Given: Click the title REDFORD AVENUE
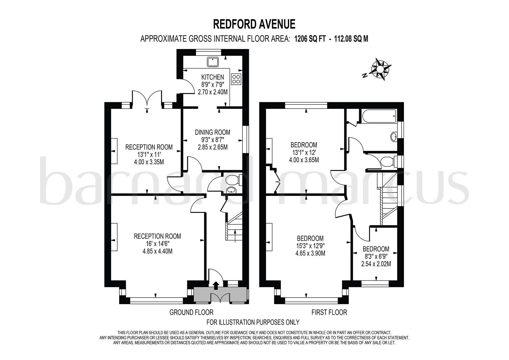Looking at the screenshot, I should click(x=254, y=24).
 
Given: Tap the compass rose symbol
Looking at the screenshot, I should click(x=380, y=69).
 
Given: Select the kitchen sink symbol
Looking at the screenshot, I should click(x=213, y=62).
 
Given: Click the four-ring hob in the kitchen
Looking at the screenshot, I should click(x=235, y=79).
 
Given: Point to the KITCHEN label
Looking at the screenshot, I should click(x=213, y=77).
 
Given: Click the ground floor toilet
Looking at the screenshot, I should click(x=234, y=180).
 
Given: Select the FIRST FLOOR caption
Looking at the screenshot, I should click(x=329, y=312).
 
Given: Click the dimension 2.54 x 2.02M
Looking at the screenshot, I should click(x=376, y=264).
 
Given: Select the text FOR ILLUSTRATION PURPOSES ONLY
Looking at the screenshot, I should click(x=253, y=322).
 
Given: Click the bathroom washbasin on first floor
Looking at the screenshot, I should click(x=394, y=136).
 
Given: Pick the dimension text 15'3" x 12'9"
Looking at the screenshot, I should click(x=310, y=246).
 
